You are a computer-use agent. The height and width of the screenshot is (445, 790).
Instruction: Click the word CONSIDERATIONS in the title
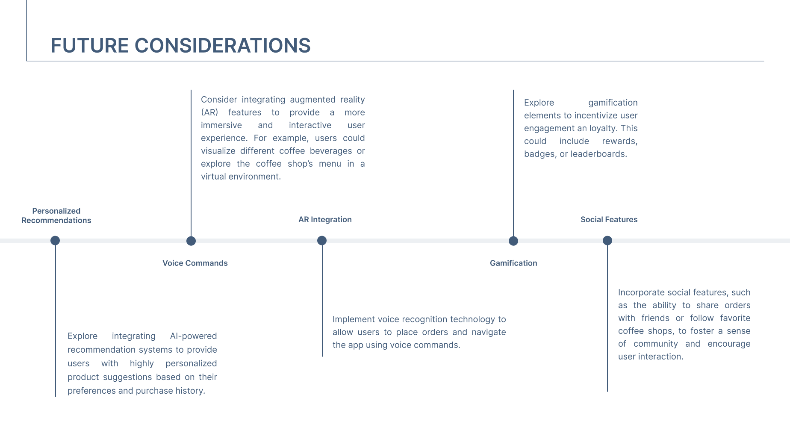222,46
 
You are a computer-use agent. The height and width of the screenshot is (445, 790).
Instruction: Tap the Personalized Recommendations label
56,215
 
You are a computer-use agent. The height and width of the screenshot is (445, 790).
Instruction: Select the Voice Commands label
195,263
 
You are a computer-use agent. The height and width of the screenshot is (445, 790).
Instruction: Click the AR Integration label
325,219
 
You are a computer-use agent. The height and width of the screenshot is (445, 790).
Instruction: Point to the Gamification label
513,263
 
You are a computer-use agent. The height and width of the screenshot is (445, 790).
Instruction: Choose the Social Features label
609,219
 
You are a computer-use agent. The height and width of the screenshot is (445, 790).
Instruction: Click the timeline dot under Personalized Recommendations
55,241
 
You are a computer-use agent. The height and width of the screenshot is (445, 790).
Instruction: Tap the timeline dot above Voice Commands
191,241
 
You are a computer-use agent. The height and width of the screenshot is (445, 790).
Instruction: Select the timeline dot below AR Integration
322,241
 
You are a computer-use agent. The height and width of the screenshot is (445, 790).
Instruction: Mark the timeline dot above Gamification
513,241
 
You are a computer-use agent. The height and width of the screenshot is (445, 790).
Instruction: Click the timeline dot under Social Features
607,241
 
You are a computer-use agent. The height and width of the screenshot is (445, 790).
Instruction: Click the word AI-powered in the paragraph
193,336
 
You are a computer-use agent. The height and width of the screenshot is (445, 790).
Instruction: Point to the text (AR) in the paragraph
209,112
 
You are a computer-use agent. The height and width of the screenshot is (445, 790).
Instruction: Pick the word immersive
221,125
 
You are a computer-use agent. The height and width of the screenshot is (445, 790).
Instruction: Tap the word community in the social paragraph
655,344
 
